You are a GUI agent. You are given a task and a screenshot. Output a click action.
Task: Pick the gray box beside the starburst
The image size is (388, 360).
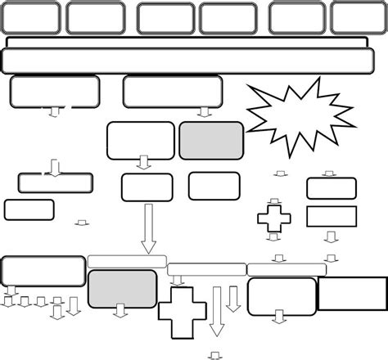210,140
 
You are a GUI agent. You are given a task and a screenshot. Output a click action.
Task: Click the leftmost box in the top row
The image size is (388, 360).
30,18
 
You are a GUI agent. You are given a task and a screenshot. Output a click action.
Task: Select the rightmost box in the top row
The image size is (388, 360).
354,18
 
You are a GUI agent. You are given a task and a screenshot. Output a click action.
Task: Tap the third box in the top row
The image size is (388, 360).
164,18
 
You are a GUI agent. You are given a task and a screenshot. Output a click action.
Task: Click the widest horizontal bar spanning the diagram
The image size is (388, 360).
194,61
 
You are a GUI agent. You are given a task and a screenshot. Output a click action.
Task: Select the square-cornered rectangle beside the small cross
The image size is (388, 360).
331,217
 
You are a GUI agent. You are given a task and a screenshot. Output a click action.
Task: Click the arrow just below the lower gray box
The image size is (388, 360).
122,311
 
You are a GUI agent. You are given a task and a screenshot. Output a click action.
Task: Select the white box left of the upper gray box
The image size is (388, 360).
141,140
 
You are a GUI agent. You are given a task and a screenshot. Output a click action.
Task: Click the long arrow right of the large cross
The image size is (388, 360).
217,311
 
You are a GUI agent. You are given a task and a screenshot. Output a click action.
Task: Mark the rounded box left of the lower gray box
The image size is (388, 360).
43,270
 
